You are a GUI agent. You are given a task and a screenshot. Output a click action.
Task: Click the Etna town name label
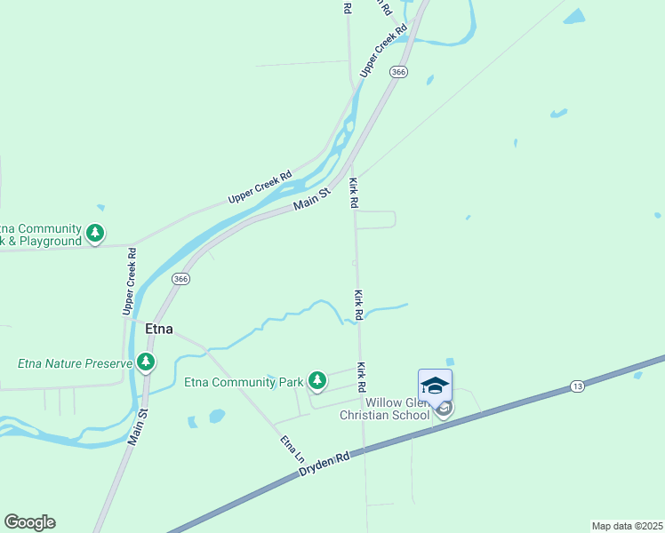tap(158, 330)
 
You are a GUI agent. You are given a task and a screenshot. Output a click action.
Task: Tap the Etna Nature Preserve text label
tap(75, 363)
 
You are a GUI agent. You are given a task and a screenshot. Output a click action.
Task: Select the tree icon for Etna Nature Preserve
tap(146, 362)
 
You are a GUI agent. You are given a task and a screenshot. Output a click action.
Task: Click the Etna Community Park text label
tap(244, 383)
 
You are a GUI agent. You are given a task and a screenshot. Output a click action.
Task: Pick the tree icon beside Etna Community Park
tap(317, 381)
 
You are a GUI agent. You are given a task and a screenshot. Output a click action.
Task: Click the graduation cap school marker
tap(435, 386)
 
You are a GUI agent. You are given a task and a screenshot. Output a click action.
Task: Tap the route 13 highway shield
tap(578, 386)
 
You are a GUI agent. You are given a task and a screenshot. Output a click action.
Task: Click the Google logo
tap(29, 522)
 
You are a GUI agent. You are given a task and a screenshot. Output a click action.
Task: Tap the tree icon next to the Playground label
tap(95, 234)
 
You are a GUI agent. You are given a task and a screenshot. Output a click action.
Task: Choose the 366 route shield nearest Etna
tap(181, 278)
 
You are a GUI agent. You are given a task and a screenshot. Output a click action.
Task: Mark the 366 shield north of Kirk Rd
tap(399, 72)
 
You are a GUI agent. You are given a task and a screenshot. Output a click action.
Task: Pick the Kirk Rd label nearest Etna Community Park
tap(362, 378)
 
